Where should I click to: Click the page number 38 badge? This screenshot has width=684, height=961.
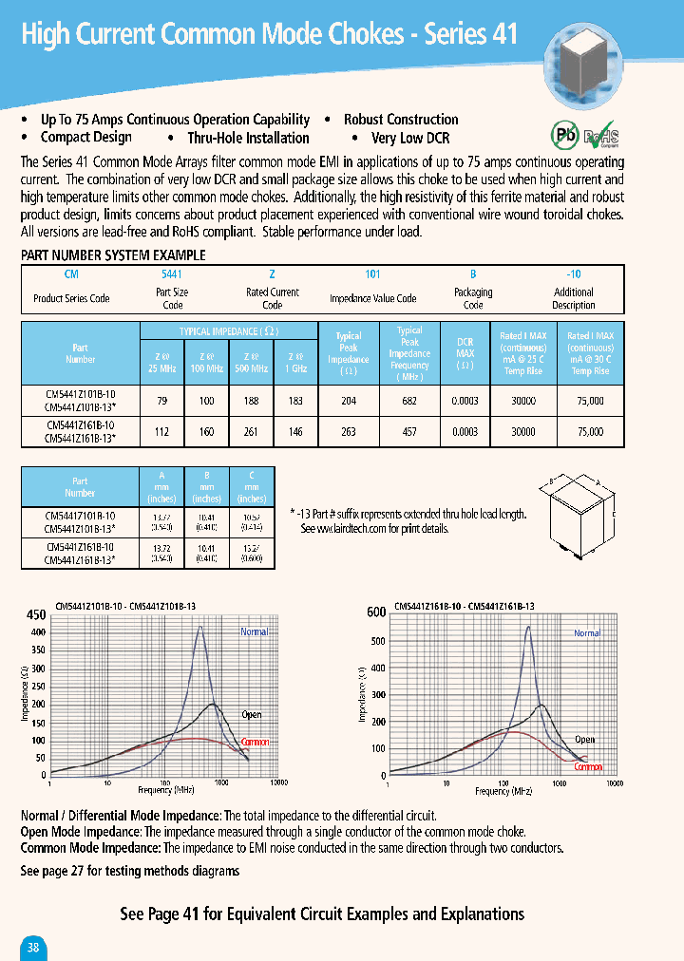pyautogui.click(x=33, y=947)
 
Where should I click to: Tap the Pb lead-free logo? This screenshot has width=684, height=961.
pyautogui.click(x=564, y=132)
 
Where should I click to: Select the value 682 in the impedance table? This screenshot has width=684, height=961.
pyautogui.click(x=409, y=402)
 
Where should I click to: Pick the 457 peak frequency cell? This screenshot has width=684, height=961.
pyautogui.click(x=409, y=432)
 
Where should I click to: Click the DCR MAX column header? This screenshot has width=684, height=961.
pyautogui.click(x=465, y=352)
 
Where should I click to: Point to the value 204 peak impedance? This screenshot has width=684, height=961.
pyautogui.click(x=349, y=402)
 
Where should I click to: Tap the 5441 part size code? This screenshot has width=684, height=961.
pyautogui.click(x=173, y=273)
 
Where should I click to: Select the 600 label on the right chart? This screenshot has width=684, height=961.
pyautogui.click(x=376, y=612)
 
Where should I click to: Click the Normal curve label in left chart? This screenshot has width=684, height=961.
pyautogui.click(x=254, y=631)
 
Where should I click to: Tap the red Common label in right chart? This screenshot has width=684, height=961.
pyautogui.click(x=588, y=766)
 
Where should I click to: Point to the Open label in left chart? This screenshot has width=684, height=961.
pyautogui.click(x=251, y=714)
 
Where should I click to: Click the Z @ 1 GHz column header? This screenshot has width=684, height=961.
pyautogui.click(x=295, y=360)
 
